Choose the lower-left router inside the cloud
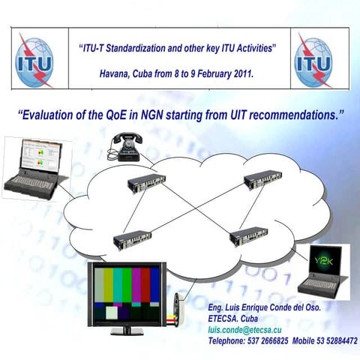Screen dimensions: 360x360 click(133, 240)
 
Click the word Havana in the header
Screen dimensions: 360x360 click(115, 74)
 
